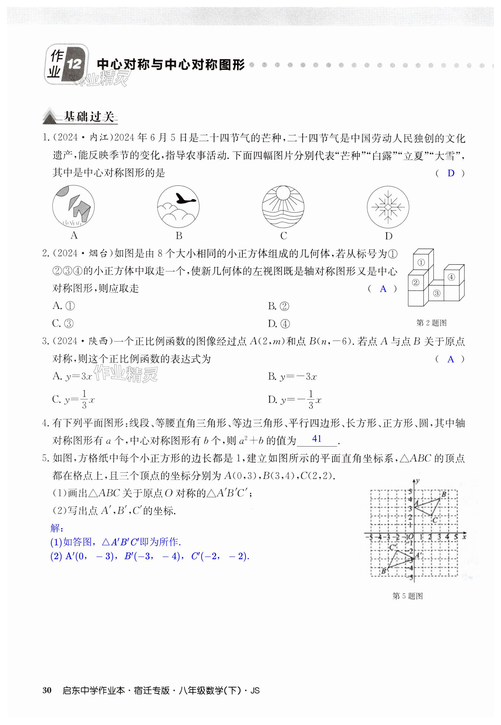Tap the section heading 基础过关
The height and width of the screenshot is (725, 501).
coord(88,116)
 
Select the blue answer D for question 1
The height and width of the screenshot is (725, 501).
coord(451,173)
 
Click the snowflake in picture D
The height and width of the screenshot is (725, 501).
coord(388,207)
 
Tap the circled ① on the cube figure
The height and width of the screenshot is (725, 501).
coord(421,262)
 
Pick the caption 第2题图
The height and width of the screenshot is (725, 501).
coord(431,323)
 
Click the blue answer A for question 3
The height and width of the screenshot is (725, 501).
coord(450,359)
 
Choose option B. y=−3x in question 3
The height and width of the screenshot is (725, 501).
coord(292,376)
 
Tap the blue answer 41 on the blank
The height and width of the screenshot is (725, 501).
coord(317,438)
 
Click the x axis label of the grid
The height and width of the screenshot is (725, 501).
coord(464,537)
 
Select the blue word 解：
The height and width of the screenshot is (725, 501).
coord(57,528)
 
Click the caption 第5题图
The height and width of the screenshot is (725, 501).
coord(407,596)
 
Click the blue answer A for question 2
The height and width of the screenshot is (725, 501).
coord(383,289)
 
